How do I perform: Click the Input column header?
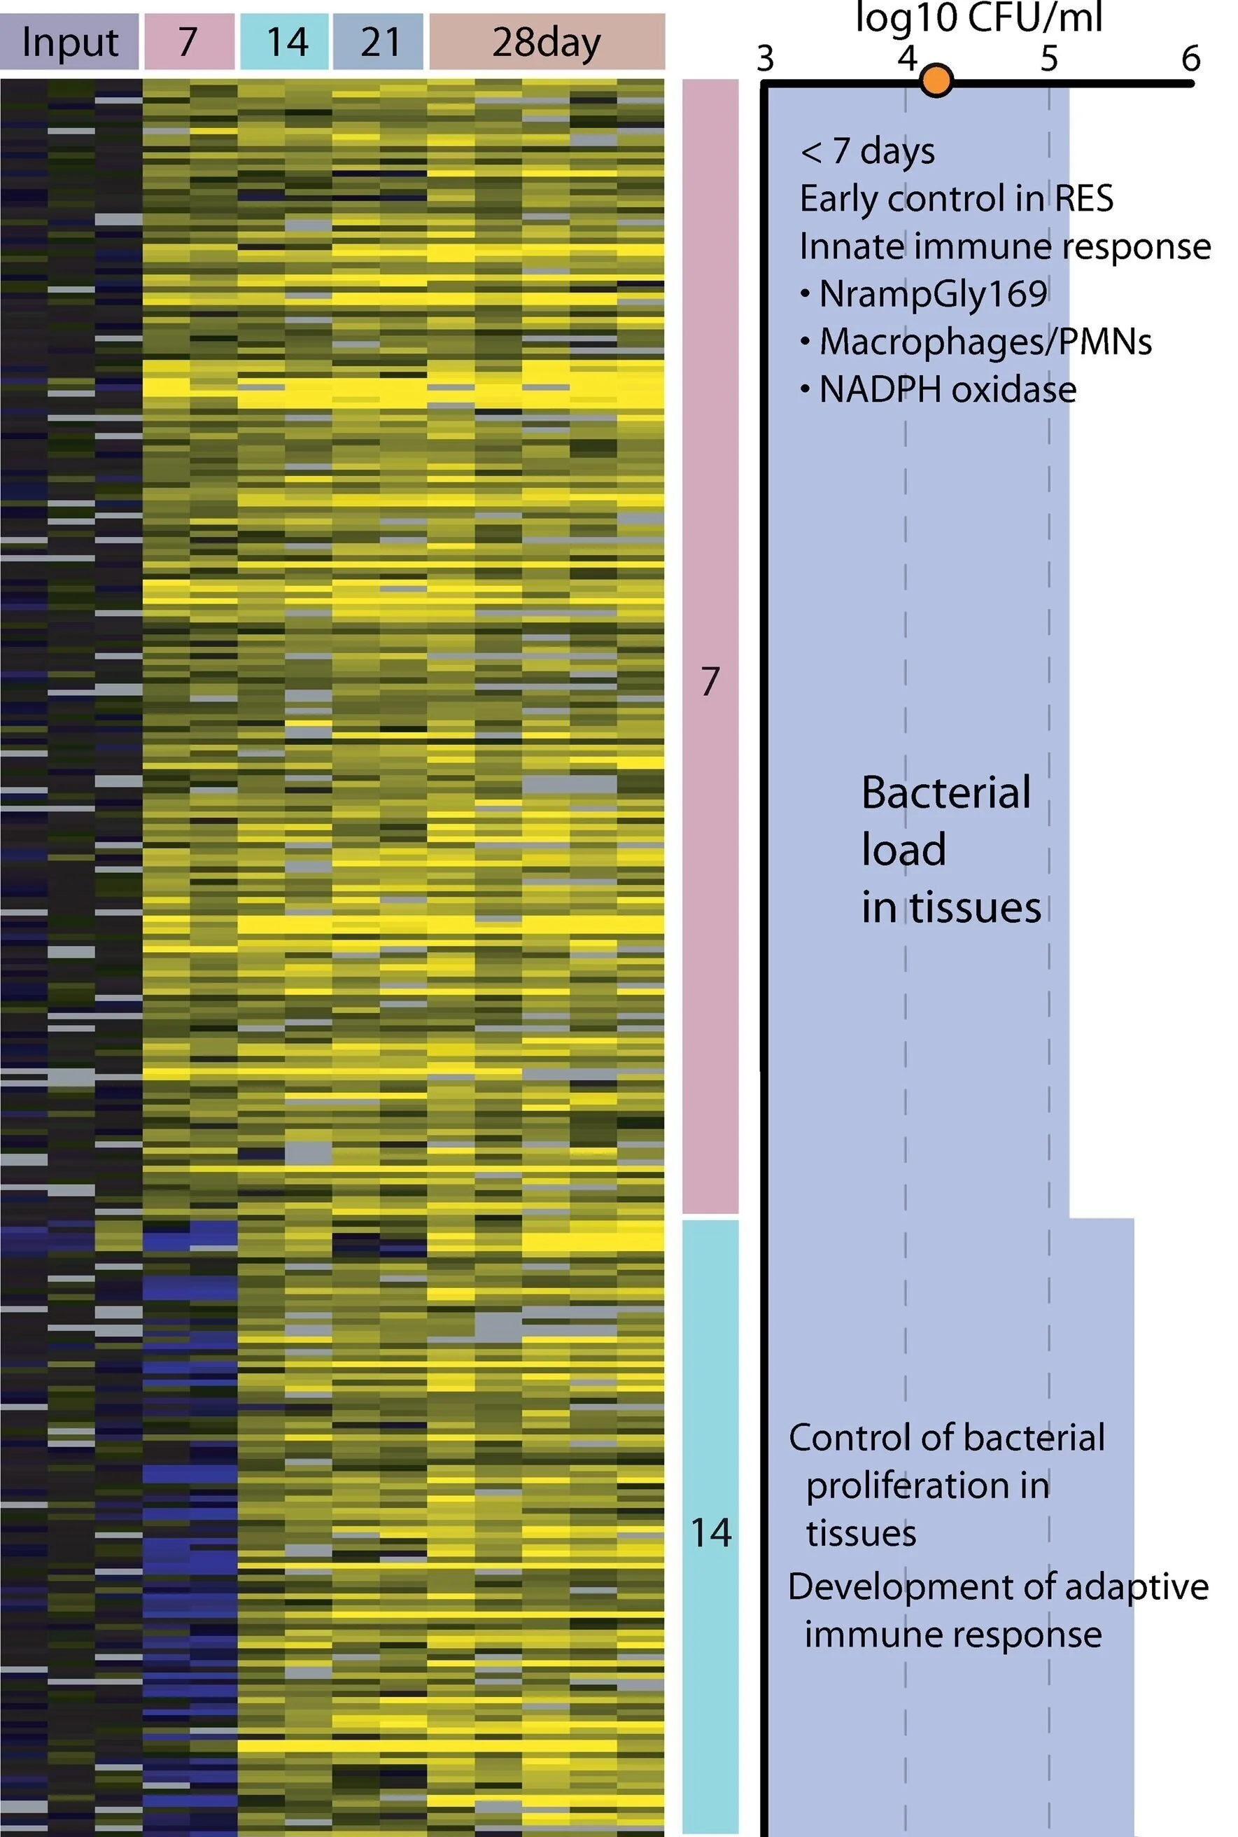click(x=69, y=42)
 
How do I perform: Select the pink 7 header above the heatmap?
click(x=189, y=42)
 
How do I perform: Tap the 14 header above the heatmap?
click(x=285, y=42)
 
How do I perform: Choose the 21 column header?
click(x=379, y=42)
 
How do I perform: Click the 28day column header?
click(x=547, y=42)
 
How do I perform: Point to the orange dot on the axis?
click(x=936, y=81)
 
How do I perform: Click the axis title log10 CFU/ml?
click(x=978, y=18)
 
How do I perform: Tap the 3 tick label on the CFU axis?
click(x=764, y=58)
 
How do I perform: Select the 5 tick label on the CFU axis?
click(x=1048, y=58)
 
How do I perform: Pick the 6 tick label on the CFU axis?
click(x=1190, y=58)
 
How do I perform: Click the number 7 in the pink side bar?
click(x=710, y=680)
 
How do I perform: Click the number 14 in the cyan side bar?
click(x=710, y=1532)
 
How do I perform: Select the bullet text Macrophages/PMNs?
click(x=985, y=342)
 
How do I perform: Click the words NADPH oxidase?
click(x=947, y=389)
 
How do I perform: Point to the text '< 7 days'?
click(x=867, y=151)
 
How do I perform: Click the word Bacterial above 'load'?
click(x=945, y=792)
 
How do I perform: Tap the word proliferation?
click(x=927, y=1485)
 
